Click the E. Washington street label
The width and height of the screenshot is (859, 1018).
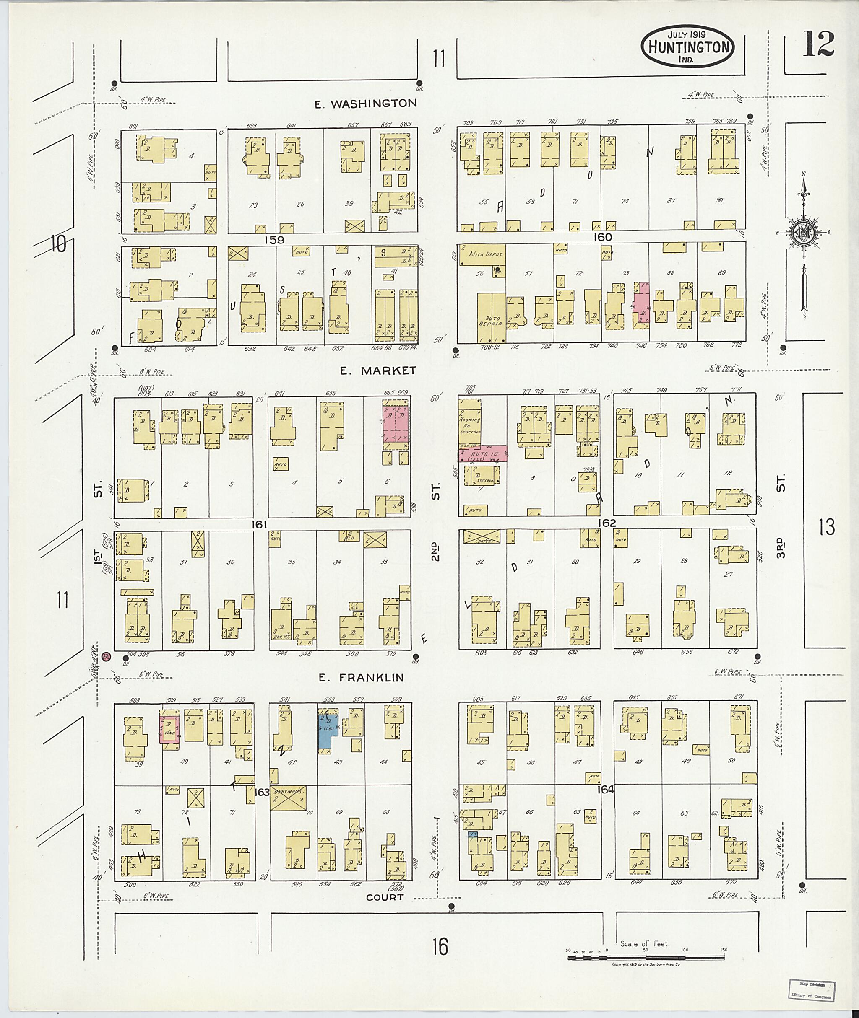point(366,104)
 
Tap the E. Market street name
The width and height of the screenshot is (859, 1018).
point(378,371)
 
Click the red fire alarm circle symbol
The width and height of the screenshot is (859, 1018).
point(107,656)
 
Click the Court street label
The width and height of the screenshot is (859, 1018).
point(384,897)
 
